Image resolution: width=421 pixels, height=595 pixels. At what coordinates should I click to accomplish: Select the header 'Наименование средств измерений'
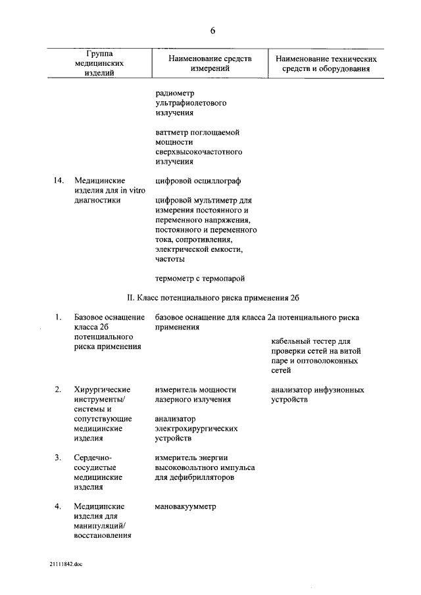pyautogui.click(x=210, y=62)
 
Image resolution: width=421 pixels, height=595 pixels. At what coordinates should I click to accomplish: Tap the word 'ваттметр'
pyautogui.click(x=172, y=132)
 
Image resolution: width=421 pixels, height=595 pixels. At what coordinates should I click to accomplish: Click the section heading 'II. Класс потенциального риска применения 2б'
pyautogui.click(x=212, y=298)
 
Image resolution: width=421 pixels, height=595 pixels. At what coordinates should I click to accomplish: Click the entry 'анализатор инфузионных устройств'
pyautogui.click(x=318, y=394)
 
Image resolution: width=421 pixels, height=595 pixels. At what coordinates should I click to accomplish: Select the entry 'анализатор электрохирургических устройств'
pyautogui.click(x=197, y=428)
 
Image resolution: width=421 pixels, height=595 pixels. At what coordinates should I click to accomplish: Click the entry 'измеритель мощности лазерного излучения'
pyautogui.click(x=196, y=394)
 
